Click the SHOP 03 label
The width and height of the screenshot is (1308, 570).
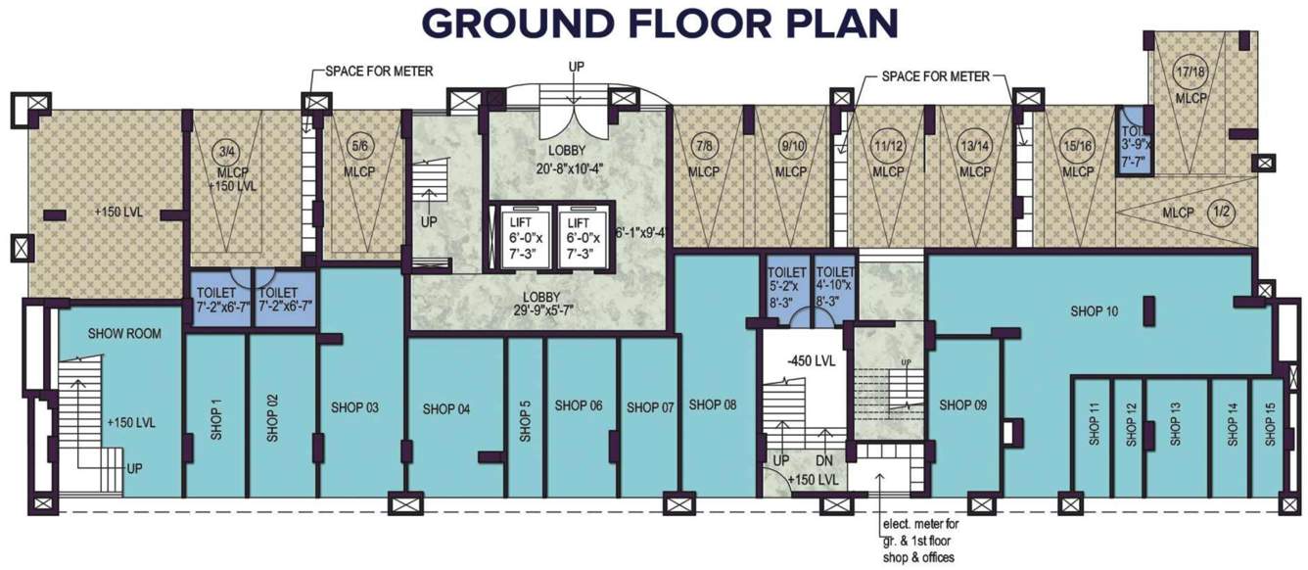(357, 407)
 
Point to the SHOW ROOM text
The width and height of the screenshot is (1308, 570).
(124, 334)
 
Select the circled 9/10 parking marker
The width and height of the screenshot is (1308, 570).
(790, 147)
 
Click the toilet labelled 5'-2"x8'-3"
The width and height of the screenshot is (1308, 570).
(787, 288)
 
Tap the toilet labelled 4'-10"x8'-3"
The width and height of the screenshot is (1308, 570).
(835, 288)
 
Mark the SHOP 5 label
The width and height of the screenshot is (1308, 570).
(526, 420)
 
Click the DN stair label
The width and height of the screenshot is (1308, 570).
(823, 459)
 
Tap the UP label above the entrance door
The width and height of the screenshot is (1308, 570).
(577, 66)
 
